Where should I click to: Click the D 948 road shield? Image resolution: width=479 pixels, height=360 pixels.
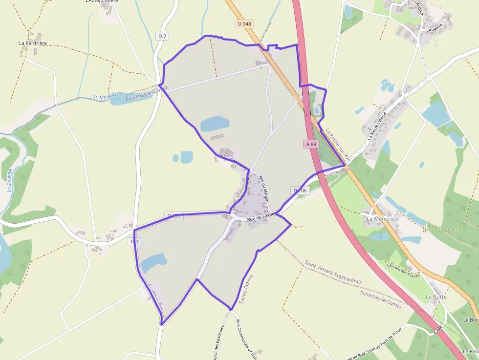pos(244,23)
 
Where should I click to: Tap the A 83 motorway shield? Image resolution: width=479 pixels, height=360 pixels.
pos(311,144)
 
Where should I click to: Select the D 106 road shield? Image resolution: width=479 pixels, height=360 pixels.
pos(301,190)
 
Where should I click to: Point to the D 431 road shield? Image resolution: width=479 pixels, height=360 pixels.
pos(174,215)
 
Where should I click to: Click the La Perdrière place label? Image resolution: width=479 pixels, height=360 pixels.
pos(33,43)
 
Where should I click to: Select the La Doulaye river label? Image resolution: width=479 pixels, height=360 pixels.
pos(9,181)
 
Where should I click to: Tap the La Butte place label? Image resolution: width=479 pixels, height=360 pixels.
pos(436,296)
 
